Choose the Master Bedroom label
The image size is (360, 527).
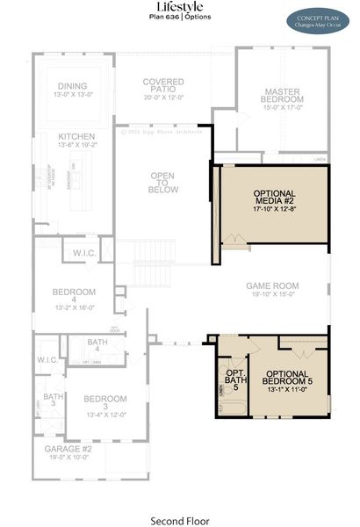click(283, 96)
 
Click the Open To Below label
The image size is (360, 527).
click(163, 182)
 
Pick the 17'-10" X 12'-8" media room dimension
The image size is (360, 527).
click(274, 209)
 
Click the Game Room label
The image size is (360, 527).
click(271, 285)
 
